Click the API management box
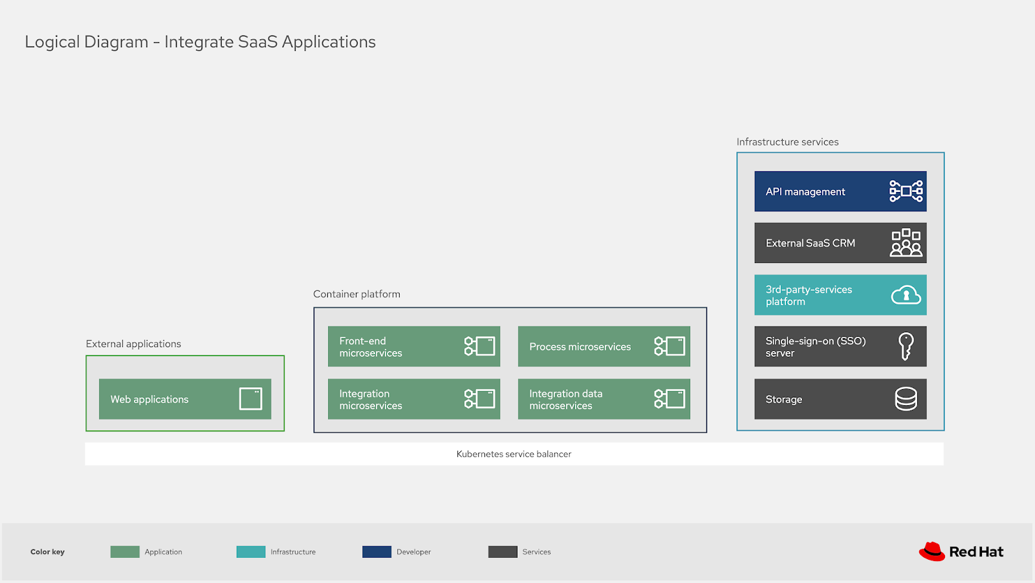(840, 191)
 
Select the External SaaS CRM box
(840, 243)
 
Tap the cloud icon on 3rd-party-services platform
(906, 295)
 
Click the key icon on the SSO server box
(906, 346)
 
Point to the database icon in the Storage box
(906, 399)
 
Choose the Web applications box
(184, 399)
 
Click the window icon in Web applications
(250, 399)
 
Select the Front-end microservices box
(413, 346)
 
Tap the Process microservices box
(604, 346)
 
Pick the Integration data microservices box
(604, 399)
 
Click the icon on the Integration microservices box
(479, 399)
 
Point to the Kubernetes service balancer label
(514, 454)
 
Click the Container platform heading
(356, 294)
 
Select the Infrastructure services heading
(787, 142)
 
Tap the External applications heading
(133, 344)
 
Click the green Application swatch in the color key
(125, 552)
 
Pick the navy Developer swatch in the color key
(376, 552)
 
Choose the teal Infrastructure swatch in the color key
(250, 552)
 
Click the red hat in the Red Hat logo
(931, 551)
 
